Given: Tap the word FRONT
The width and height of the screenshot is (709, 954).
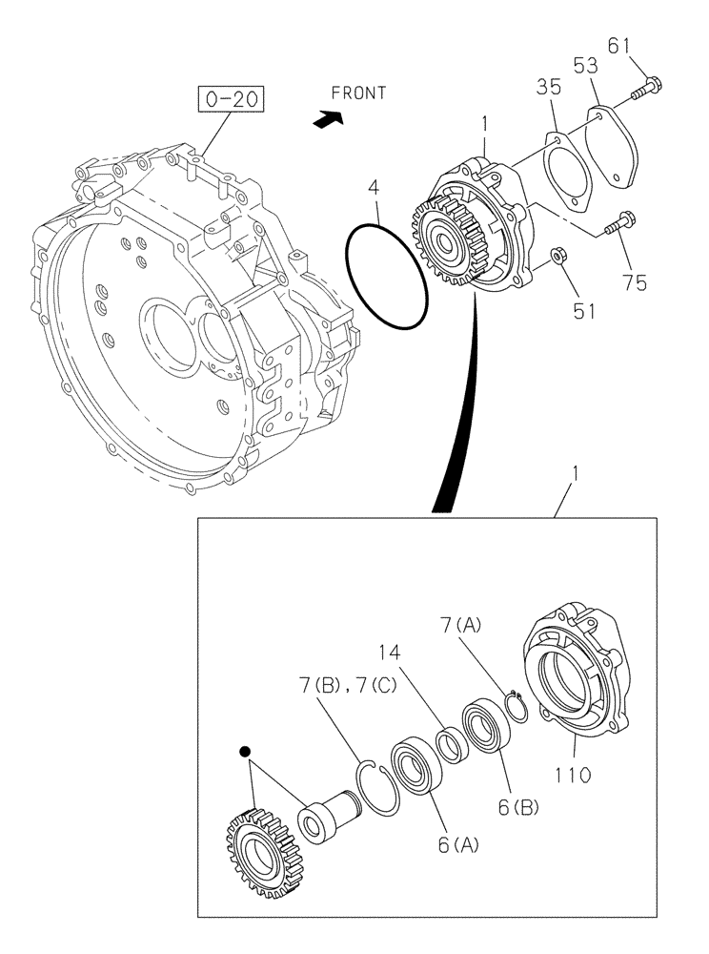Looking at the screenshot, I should (358, 93).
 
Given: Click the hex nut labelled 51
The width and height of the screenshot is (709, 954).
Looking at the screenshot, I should (561, 256).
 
